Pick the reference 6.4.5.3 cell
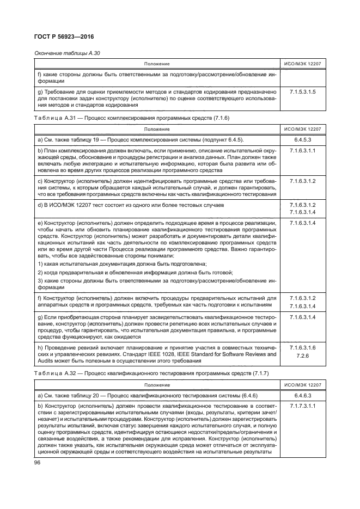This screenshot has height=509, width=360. (x=303, y=140)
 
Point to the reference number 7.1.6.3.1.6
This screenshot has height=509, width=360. (x=303, y=347)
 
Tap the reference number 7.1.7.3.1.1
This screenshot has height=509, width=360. (x=303, y=406)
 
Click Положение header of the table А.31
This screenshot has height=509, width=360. (x=156, y=129)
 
